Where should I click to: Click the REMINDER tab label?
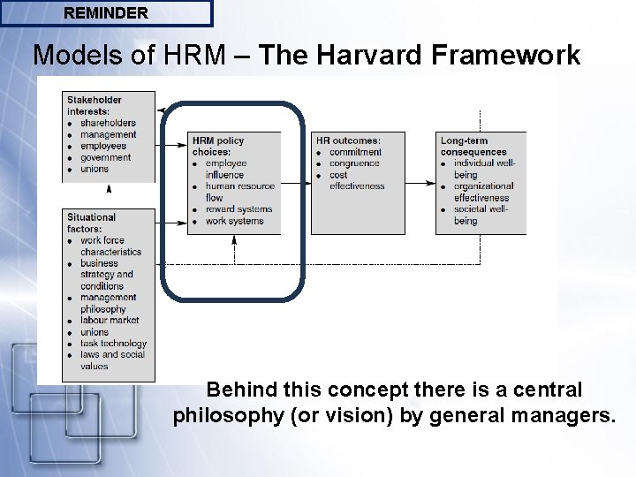[x=106, y=13]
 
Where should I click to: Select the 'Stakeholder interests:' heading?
[x=95, y=105]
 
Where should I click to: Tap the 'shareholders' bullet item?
[x=108, y=123]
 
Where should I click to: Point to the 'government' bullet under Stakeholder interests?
[x=105, y=157]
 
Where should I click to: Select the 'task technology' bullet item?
[x=113, y=344]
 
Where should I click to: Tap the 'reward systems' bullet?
[x=238, y=209]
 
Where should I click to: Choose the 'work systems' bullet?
[x=234, y=221]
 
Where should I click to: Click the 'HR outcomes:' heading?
[x=347, y=140]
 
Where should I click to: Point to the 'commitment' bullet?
[x=355, y=152]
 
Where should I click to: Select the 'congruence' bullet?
[x=354, y=163]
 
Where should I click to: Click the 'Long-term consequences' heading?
[x=474, y=147]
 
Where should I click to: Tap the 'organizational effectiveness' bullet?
[x=482, y=192]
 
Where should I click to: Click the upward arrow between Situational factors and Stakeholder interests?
[x=109, y=189]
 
